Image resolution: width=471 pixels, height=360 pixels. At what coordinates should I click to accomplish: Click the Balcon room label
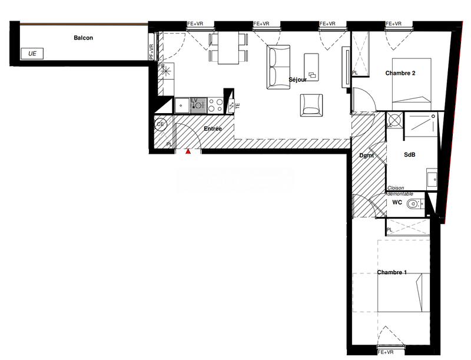[83, 38]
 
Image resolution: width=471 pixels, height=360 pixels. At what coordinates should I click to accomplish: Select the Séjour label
[297, 80]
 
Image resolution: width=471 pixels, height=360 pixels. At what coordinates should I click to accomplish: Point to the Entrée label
[213, 128]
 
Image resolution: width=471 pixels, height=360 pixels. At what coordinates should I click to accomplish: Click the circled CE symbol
[160, 124]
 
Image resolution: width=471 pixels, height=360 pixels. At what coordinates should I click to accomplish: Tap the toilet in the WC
[414, 204]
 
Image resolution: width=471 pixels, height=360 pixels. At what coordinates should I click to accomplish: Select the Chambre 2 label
[401, 73]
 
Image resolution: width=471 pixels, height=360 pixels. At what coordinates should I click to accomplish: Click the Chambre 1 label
[392, 272]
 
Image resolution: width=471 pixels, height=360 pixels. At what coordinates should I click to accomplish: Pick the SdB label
[410, 155]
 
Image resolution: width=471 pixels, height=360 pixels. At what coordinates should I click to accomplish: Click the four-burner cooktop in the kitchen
[215, 105]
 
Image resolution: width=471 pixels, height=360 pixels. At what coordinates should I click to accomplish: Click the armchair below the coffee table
[311, 105]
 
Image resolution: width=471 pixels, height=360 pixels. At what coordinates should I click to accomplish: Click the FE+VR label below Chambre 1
[387, 352]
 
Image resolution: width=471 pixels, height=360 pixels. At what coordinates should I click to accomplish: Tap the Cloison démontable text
[400, 191]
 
